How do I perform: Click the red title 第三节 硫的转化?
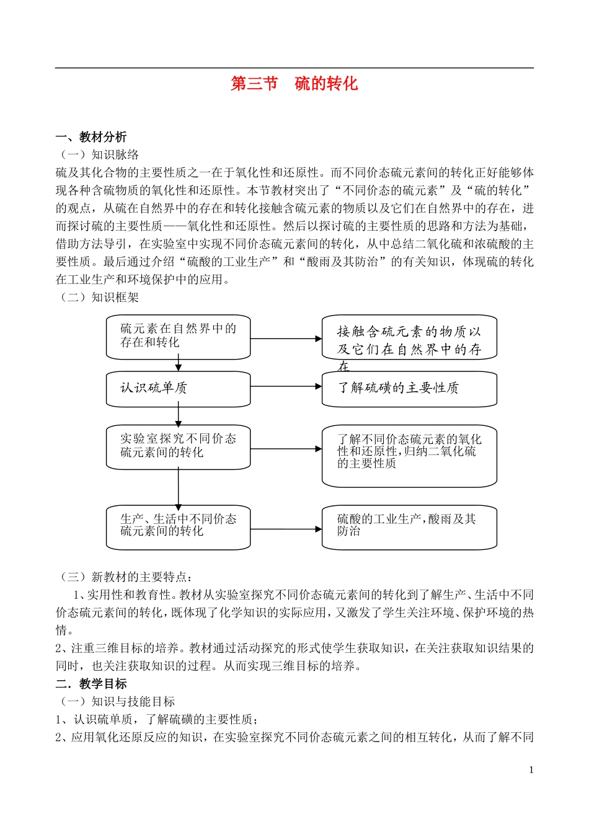click(294, 84)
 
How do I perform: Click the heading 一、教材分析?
click(91, 137)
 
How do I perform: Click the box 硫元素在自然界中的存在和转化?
click(178, 337)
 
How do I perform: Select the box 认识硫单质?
click(178, 389)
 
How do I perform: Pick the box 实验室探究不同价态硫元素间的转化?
click(178, 446)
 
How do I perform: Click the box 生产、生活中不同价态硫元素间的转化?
click(178, 528)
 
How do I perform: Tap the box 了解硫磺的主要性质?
click(409, 389)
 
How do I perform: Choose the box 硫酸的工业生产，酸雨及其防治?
click(409, 528)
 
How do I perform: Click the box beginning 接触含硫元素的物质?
click(409, 339)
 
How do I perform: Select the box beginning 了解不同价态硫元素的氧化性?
click(409, 455)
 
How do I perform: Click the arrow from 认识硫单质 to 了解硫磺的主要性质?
click(286, 386)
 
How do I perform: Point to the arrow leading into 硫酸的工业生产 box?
click(286, 529)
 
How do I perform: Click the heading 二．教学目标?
click(91, 684)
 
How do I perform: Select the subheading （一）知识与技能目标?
click(117, 702)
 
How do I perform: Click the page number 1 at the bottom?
click(531, 770)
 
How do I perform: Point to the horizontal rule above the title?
click(294, 68)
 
